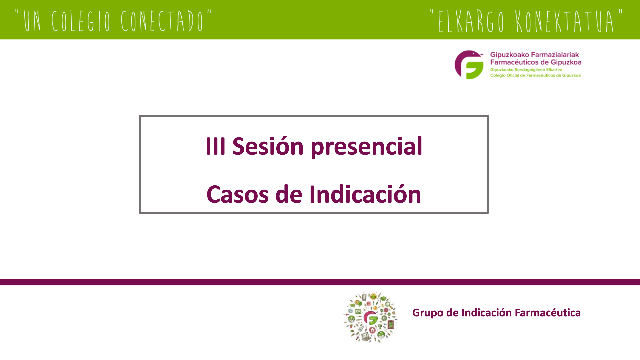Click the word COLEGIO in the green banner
tap(81, 21)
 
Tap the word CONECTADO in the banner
tap(162, 21)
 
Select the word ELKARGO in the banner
tap(471, 21)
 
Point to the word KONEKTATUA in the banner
tap(565, 21)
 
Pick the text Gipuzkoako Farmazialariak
tap(534, 55)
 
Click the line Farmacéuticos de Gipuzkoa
tap(536, 62)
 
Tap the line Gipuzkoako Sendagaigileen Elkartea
tap(526, 70)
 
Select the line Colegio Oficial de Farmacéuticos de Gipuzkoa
tap(535, 75)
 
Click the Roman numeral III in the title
tap(215, 146)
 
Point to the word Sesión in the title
tap(268, 146)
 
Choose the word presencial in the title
tap(366, 147)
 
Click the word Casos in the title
tap(237, 194)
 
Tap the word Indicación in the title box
tap(365, 194)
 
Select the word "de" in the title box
tap(289, 194)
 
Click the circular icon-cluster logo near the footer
tap(371, 317)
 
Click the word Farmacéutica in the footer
tap(548, 313)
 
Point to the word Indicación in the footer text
tap(486, 313)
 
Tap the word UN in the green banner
tap(32, 21)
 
